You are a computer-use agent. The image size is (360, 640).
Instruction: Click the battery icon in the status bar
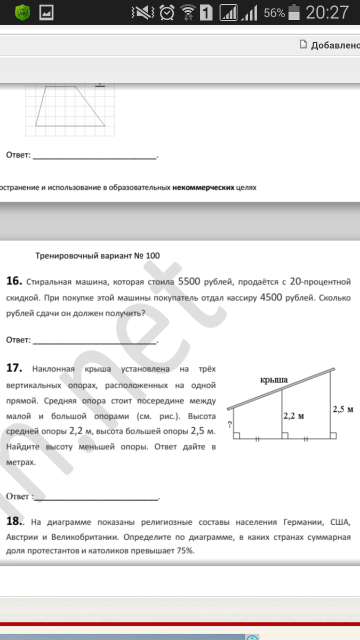(294, 12)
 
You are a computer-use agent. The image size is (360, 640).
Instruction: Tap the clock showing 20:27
(327, 12)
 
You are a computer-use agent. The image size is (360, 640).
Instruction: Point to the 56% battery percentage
(274, 13)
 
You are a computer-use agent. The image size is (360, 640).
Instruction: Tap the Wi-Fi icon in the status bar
(187, 12)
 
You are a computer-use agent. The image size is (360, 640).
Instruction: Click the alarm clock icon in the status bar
(167, 12)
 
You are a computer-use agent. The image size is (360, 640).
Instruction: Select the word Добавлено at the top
(335, 45)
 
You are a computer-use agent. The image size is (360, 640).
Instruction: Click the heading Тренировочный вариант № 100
(98, 255)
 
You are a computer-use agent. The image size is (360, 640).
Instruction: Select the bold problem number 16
(14, 281)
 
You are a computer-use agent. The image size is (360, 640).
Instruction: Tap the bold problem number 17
(14, 367)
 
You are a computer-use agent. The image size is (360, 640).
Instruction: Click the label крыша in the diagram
(274, 380)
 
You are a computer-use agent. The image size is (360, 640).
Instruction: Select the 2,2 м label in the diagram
(293, 415)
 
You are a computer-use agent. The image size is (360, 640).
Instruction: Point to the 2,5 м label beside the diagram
(343, 410)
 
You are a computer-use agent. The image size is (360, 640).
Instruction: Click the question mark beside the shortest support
(229, 425)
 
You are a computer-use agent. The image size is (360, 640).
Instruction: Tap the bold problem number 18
(14, 521)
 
